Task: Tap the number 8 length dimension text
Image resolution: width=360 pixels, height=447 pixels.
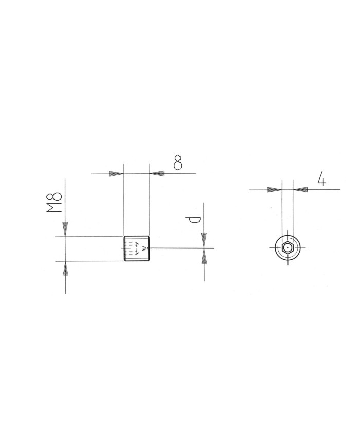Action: coord(178,163)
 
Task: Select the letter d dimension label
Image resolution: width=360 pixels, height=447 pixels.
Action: coord(193,221)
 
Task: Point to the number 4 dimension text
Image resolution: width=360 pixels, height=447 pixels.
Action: coord(321,180)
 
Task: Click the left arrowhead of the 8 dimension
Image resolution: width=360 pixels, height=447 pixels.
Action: coord(117,174)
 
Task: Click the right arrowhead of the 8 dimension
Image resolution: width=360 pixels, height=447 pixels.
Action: coord(156,174)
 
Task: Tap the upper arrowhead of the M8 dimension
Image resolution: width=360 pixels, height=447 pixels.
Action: coord(65,228)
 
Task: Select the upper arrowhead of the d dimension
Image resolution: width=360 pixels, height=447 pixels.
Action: coord(204,240)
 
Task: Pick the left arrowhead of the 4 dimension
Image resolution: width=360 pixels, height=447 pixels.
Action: coord(274,190)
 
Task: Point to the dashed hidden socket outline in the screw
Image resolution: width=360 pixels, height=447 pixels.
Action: coord(133,248)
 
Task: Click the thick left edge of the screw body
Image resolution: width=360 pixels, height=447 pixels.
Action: coord(125,248)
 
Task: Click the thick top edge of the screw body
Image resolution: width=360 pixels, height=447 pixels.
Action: coord(137,236)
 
